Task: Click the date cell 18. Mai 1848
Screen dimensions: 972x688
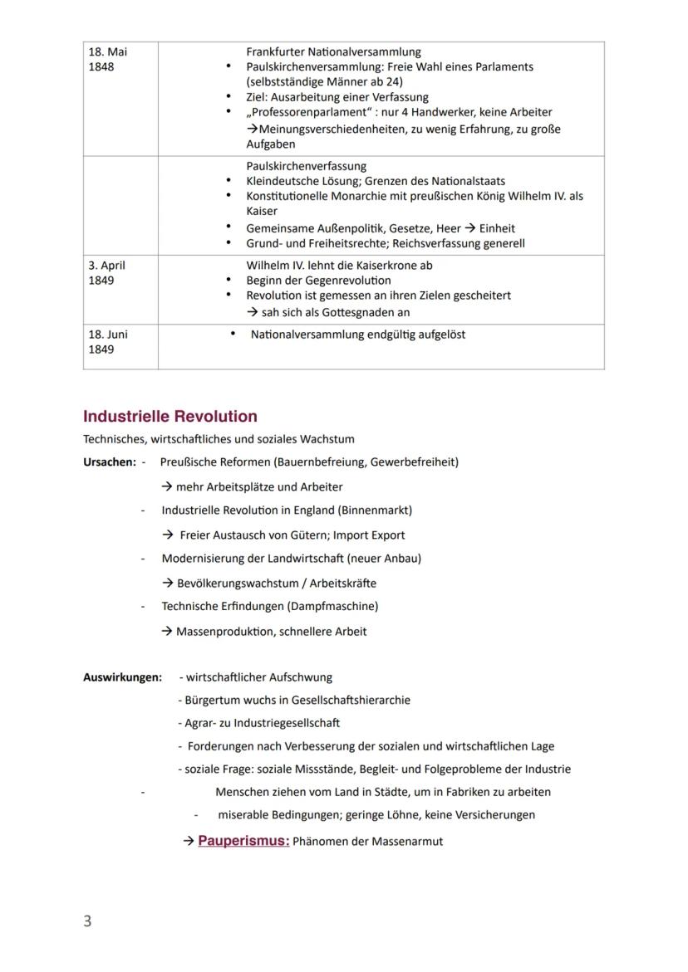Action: click(108, 59)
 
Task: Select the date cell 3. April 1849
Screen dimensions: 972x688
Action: click(108, 273)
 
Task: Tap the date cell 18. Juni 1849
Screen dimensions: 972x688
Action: click(108, 342)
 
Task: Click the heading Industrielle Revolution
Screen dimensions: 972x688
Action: click(170, 417)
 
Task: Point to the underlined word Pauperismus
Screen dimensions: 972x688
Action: click(243, 841)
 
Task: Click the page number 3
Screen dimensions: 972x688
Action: click(87, 921)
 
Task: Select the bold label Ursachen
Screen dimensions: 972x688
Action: click(108, 462)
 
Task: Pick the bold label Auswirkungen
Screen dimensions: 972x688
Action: click(122, 677)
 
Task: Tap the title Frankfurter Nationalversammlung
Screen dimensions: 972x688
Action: click(333, 51)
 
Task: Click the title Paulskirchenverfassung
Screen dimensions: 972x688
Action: click(306, 166)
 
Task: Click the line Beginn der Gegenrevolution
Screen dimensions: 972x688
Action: click(319, 281)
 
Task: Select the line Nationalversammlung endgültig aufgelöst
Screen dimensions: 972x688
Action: click(358, 335)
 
